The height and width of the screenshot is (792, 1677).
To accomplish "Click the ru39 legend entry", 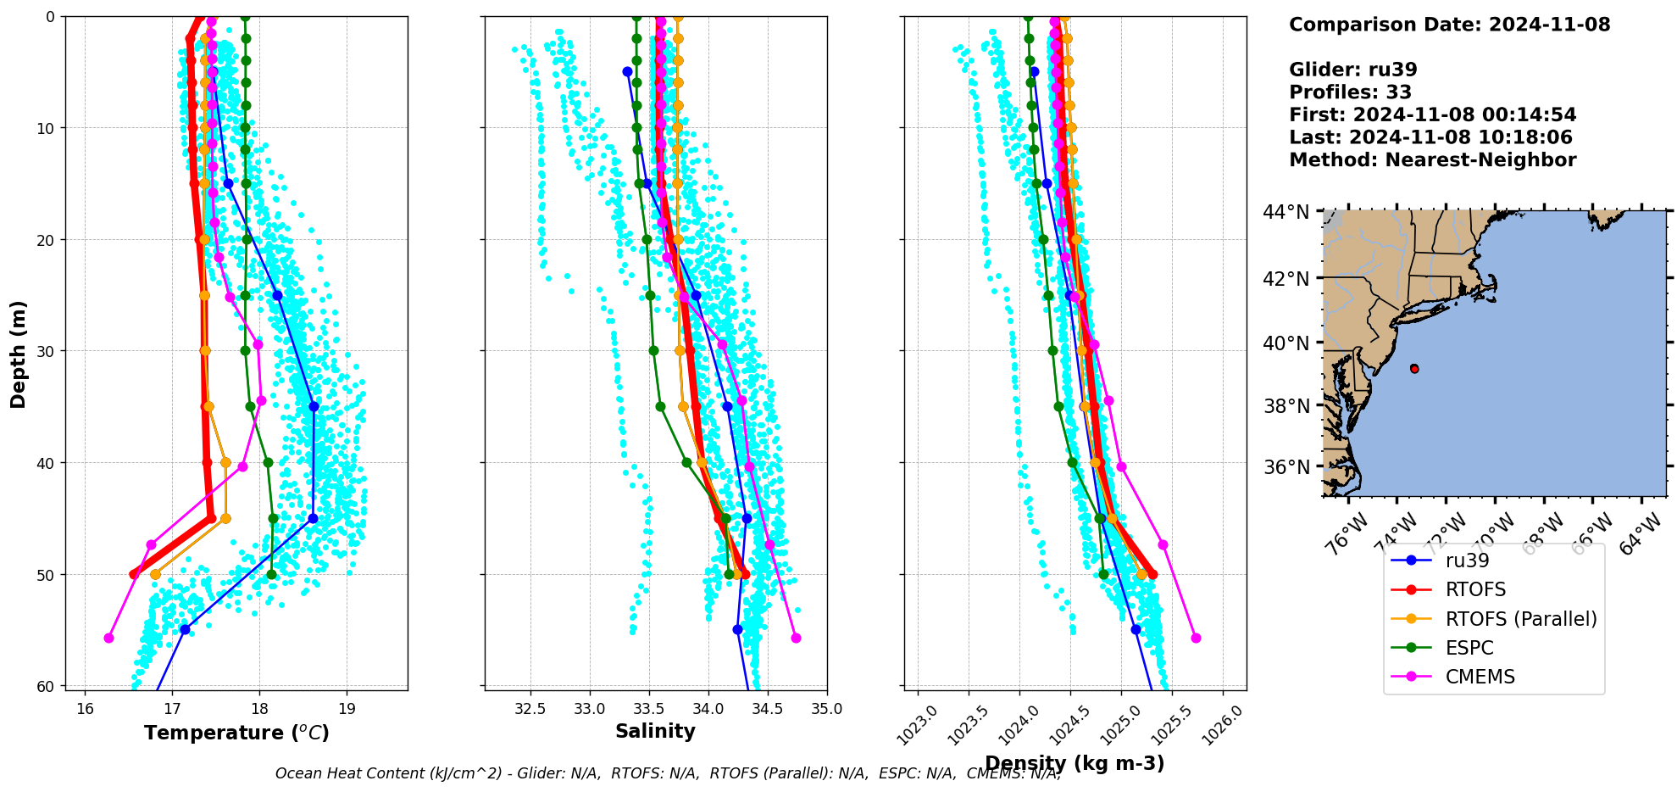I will [1467, 561].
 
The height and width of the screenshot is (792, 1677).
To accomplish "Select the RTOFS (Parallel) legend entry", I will [1520, 619].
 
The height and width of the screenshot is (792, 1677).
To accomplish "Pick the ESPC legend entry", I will [1469, 648].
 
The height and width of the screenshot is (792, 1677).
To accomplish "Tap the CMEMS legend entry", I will [1480, 677].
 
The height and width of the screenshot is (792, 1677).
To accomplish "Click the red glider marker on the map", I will [1414, 369].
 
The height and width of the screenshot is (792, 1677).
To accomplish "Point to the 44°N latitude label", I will [1286, 212].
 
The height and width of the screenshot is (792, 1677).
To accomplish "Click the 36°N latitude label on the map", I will [1286, 467].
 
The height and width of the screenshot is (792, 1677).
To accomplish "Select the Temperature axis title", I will [236, 733].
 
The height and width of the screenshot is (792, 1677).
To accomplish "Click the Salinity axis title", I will [655, 732].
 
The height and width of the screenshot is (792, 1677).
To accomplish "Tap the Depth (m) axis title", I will [19, 354].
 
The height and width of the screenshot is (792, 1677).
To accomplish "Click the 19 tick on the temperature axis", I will [347, 709].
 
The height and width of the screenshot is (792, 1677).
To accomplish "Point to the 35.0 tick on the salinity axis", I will [826, 709].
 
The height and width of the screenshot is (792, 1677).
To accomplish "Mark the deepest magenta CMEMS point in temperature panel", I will [108, 638].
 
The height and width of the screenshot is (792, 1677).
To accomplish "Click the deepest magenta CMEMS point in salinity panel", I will [796, 638].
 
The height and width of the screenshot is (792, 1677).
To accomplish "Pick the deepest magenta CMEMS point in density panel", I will [1196, 638].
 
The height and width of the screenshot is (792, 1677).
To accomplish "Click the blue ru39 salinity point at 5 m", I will [627, 72].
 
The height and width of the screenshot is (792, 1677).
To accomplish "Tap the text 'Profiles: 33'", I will [1350, 92].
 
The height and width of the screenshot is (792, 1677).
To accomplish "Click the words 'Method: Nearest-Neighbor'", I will [1432, 160].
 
